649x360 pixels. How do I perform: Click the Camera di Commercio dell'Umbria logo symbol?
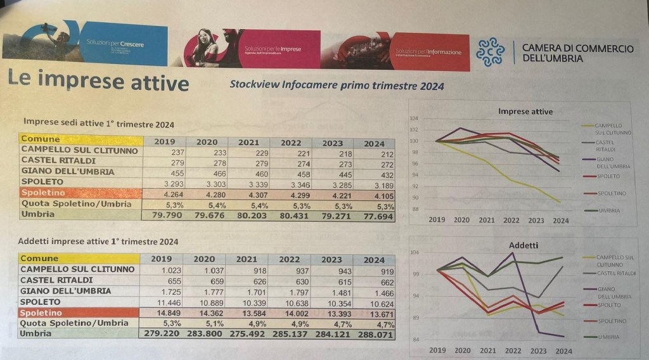[491, 52]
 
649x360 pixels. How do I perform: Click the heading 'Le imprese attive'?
[98, 83]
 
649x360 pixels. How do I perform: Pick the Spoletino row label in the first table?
[42, 193]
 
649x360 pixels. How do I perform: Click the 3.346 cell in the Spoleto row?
[290, 183]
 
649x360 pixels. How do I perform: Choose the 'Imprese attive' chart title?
[525, 112]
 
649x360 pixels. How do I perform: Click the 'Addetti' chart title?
[524, 245]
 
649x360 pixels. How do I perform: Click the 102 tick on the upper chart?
[414, 130]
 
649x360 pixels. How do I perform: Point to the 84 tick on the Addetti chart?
[414, 340]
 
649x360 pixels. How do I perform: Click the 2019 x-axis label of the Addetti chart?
[437, 350]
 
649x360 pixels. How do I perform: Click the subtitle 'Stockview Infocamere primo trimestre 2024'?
[337, 85]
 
